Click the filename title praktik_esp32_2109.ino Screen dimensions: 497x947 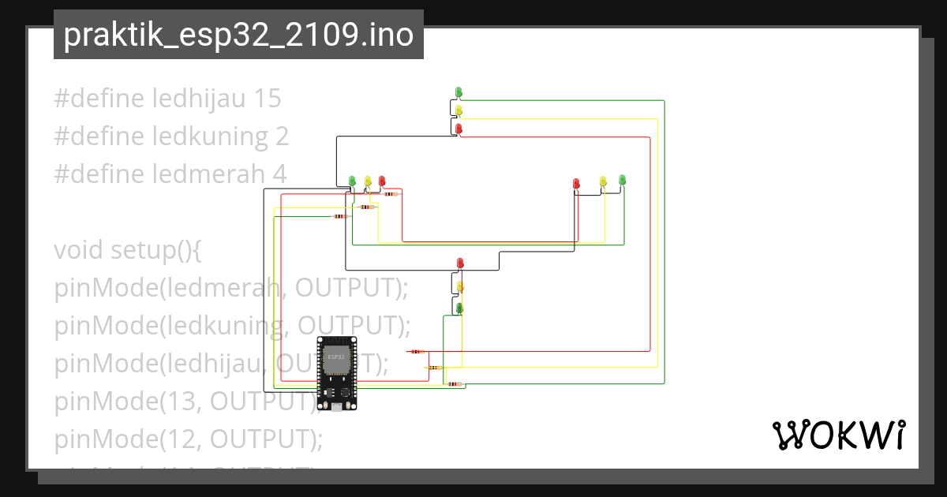click(x=238, y=35)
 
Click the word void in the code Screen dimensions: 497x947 click(x=79, y=250)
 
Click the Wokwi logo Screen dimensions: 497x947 click(x=837, y=435)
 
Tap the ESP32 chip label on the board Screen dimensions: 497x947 click(x=335, y=357)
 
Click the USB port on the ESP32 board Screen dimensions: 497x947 click(x=336, y=406)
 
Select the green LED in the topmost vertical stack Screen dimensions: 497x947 click(x=459, y=93)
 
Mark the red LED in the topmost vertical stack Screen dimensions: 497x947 click(x=459, y=128)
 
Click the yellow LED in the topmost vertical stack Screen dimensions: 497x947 click(x=459, y=110)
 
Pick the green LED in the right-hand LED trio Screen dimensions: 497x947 click(x=622, y=180)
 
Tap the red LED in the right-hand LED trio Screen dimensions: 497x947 click(x=576, y=183)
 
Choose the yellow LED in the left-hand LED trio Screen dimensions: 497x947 click(x=368, y=181)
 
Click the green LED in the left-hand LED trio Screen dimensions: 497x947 click(x=353, y=181)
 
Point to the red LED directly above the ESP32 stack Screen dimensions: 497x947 click(x=460, y=263)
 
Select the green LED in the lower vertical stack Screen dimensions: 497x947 click(x=459, y=307)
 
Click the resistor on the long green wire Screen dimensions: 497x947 click(x=453, y=384)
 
